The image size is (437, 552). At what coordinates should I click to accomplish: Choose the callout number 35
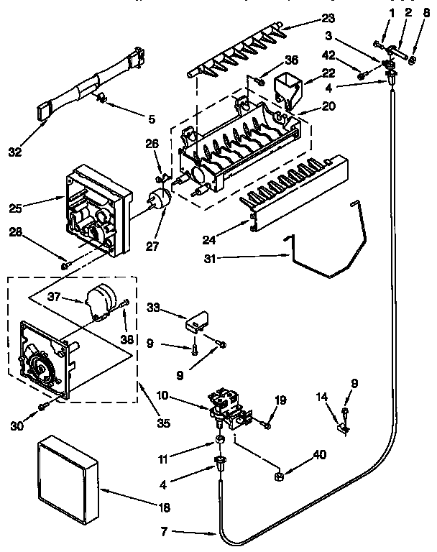[163, 423]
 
